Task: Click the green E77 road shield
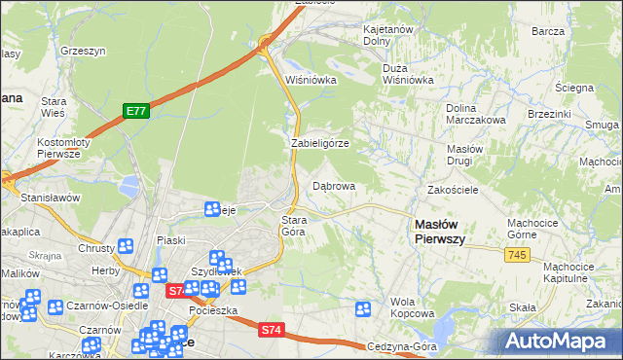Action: [135, 112]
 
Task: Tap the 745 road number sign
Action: [517, 254]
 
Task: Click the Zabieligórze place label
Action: [319, 143]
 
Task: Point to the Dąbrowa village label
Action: [333, 185]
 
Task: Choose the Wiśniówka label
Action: [311, 80]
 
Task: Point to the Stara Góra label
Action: [294, 226]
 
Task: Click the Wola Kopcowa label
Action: [411, 307]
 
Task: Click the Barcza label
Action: [549, 31]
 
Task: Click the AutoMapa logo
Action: [561, 341]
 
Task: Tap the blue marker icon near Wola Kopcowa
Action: [363, 309]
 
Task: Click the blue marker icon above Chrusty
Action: [125, 247]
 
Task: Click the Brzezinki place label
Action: [549, 113]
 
